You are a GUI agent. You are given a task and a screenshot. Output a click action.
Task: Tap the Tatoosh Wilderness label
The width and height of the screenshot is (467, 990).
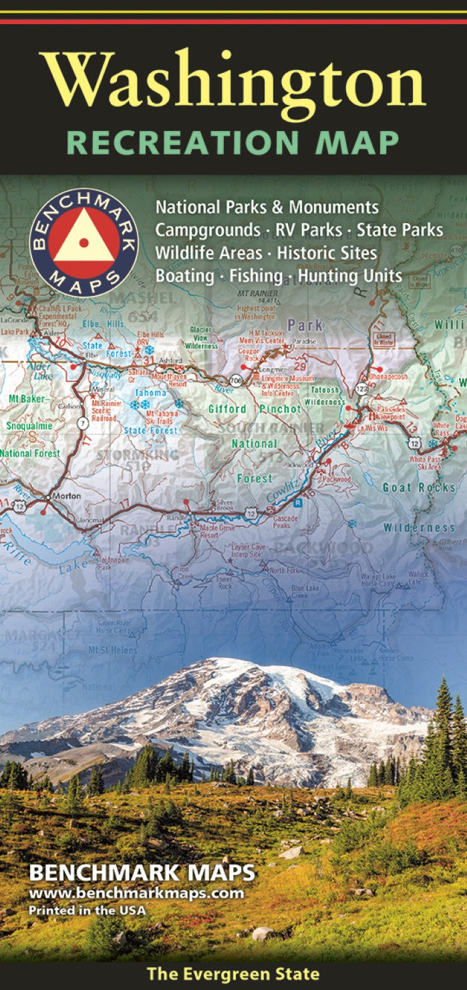(323, 396)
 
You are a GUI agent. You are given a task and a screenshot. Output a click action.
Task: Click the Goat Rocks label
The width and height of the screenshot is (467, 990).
(419, 488)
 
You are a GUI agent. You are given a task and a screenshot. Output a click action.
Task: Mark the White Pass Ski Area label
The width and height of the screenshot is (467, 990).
(425, 464)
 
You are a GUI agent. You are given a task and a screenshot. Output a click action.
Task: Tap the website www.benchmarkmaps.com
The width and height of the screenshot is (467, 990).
(136, 894)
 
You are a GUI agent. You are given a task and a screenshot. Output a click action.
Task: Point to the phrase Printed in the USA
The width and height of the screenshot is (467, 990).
(87, 909)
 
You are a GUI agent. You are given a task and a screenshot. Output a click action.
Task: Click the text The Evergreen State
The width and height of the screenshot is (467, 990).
(232, 974)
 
